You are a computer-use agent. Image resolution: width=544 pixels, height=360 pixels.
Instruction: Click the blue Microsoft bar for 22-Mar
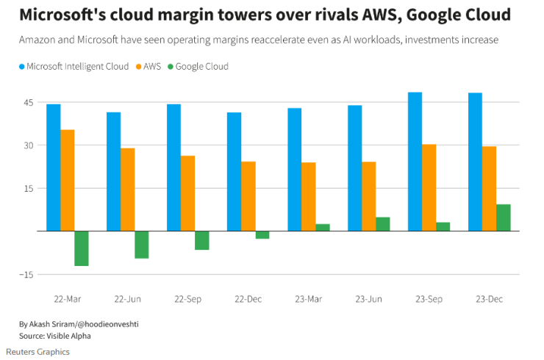point(54,168)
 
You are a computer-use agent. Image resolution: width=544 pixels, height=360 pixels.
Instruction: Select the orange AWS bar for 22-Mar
point(68,180)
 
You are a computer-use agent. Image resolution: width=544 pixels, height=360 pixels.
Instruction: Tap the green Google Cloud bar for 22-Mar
point(82,248)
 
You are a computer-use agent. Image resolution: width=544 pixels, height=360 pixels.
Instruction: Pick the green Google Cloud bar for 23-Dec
point(504,217)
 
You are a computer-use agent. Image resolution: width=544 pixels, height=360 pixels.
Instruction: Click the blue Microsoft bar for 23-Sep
point(415,162)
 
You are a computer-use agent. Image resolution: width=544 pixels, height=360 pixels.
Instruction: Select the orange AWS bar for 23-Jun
point(369,196)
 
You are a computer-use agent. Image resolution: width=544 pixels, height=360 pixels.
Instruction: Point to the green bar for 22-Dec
point(262,235)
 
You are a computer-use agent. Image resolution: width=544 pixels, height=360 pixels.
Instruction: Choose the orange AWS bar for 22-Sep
point(188,193)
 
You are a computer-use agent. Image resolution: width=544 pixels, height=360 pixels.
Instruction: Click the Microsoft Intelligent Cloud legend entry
point(72,67)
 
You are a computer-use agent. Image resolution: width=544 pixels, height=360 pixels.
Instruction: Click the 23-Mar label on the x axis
point(308,299)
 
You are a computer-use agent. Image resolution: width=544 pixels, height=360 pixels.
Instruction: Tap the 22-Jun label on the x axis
point(128,299)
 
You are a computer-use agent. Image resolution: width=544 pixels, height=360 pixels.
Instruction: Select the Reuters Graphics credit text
point(38,352)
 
